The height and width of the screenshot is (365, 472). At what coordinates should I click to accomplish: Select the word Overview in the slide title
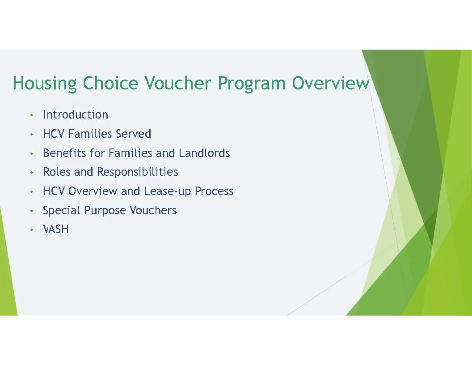(331, 84)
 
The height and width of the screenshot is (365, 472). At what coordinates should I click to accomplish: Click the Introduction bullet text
(75, 115)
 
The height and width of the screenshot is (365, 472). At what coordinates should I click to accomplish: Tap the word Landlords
(204, 153)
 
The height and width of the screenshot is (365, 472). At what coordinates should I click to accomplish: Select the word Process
(214, 191)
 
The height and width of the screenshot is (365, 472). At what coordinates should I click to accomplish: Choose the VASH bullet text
(55, 229)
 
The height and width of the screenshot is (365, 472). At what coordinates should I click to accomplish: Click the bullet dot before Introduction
(31, 115)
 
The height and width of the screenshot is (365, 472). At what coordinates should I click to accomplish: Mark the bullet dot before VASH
(31, 230)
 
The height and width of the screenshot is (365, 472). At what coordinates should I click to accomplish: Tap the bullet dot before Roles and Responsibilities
(31, 173)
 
